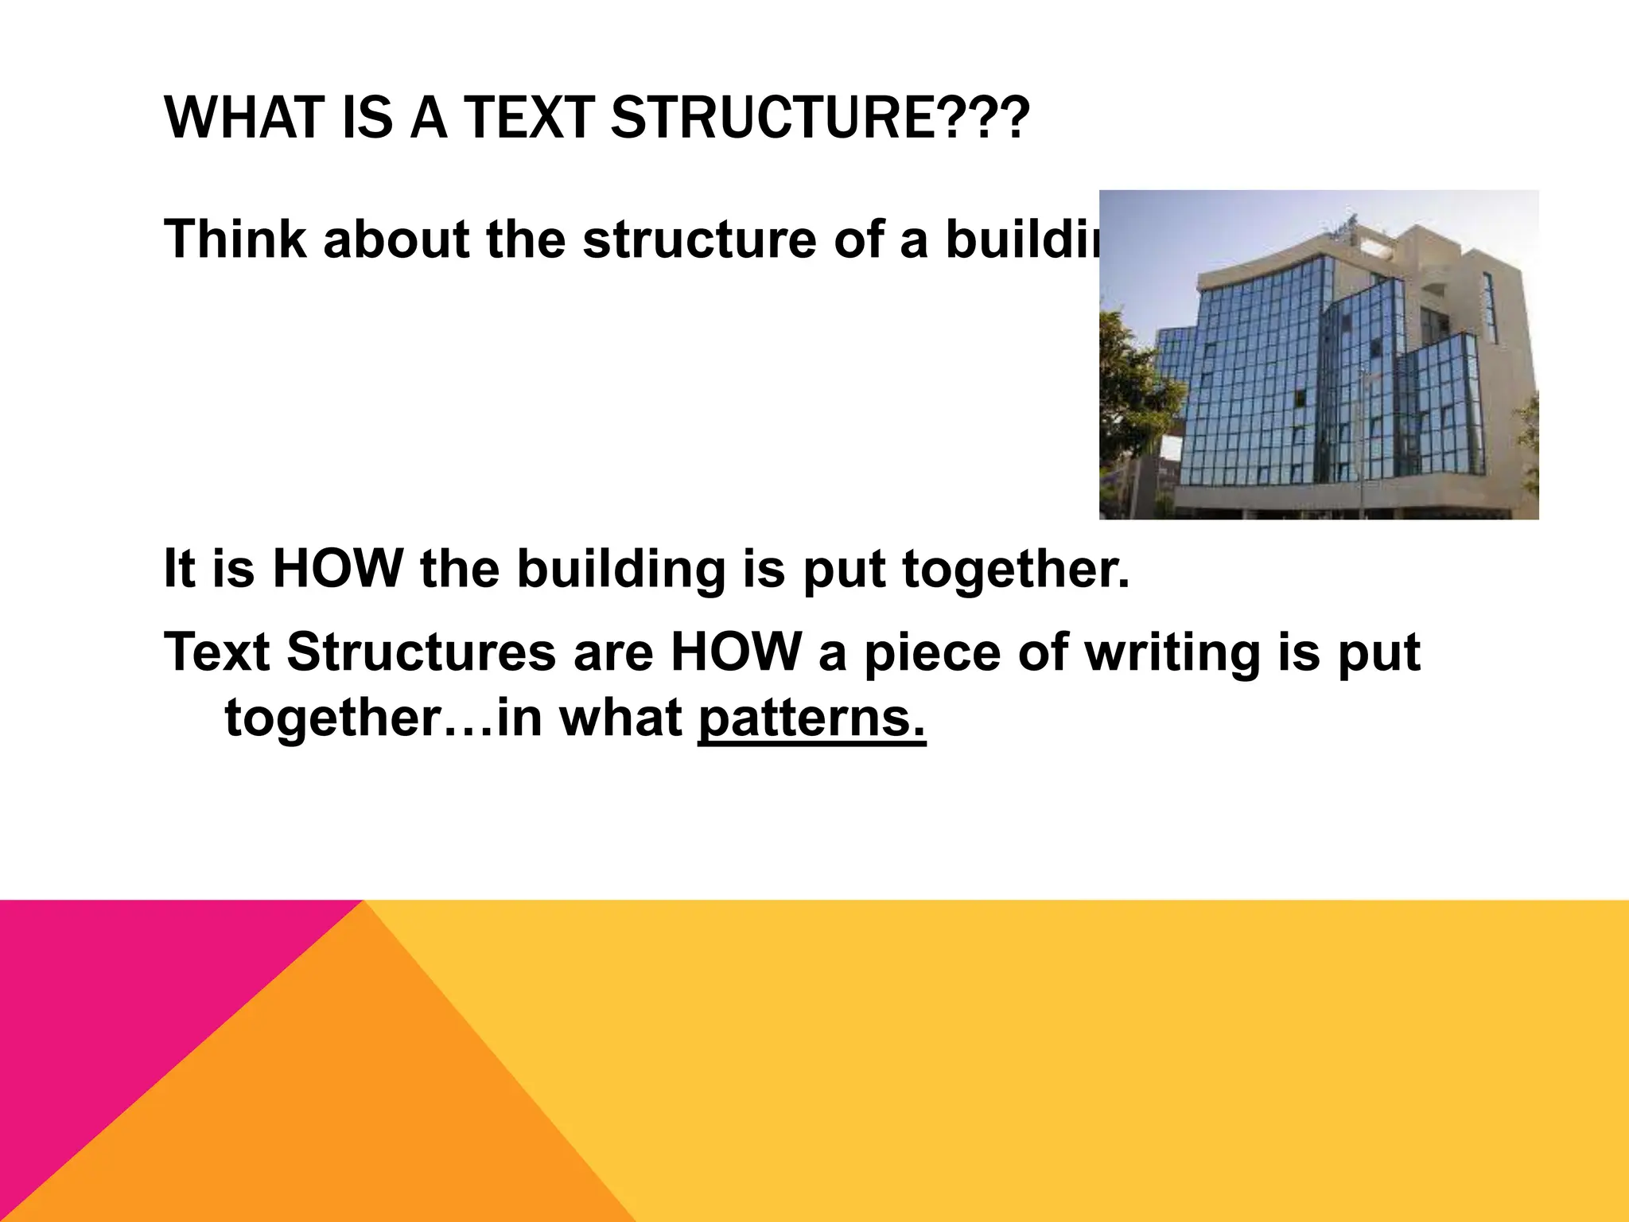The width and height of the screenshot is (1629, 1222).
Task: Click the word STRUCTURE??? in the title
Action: click(819, 118)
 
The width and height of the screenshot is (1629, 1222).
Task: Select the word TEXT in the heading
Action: click(529, 118)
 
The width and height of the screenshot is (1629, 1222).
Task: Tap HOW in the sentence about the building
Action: click(338, 569)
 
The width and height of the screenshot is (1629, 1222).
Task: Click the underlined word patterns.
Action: click(812, 718)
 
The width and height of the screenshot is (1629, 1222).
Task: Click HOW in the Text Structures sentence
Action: click(737, 652)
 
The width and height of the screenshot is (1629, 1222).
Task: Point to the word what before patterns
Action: click(620, 718)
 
